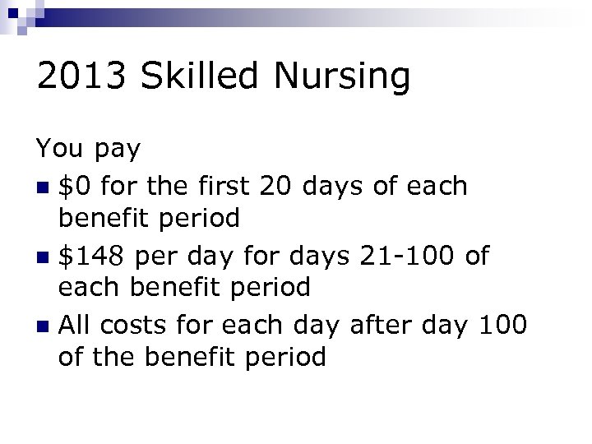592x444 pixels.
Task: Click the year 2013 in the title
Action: [x=81, y=77]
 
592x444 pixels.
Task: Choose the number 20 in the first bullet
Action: [x=275, y=186]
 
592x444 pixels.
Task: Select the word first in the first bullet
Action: [x=220, y=186]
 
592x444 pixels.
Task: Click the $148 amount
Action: [x=92, y=256]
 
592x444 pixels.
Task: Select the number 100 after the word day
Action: [x=500, y=325]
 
